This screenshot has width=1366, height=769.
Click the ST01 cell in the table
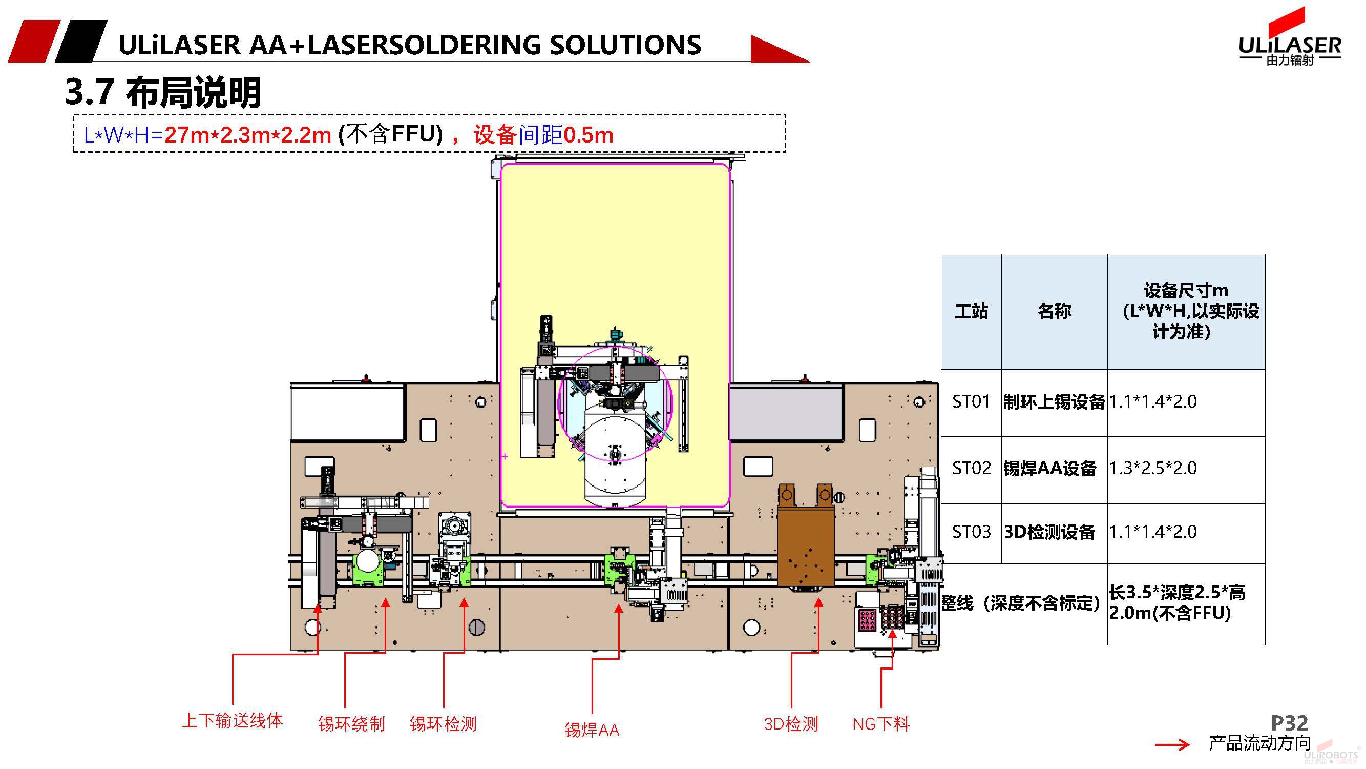971,402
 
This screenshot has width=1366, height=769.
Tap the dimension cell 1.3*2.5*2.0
1153,469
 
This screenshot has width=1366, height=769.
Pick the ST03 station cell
971,532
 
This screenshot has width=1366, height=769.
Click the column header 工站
971,311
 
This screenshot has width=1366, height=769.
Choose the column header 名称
1054,311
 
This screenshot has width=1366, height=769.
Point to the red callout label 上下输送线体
232,721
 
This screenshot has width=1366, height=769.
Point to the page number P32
1289,723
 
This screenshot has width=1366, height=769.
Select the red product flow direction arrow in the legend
1172,745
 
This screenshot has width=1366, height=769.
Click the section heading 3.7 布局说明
163,92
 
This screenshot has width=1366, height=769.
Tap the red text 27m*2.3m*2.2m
247,135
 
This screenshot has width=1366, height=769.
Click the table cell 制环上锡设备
1054,402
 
